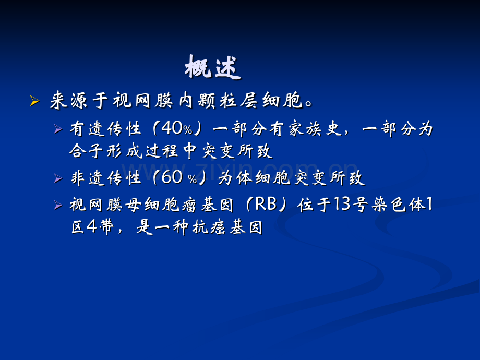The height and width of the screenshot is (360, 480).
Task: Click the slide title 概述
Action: click(x=213, y=67)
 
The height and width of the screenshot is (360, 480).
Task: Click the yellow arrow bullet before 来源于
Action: click(x=35, y=101)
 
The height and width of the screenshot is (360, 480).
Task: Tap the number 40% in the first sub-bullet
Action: click(x=177, y=128)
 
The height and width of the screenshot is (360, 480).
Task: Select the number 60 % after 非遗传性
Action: click(x=179, y=178)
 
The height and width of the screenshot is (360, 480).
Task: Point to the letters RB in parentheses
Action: click(x=266, y=204)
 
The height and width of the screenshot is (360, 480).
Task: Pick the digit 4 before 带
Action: click(x=91, y=227)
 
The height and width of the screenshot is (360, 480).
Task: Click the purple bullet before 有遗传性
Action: click(x=58, y=129)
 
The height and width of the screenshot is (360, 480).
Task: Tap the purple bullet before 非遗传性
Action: click(x=58, y=178)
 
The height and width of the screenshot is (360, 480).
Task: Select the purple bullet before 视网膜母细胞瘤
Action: click(x=58, y=205)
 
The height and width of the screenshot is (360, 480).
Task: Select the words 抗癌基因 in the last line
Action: click(x=228, y=227)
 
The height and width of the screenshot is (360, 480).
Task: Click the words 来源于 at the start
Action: click(x=79, y=100)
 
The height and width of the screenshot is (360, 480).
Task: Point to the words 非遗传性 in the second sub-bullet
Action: click(x=105, y=178)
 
